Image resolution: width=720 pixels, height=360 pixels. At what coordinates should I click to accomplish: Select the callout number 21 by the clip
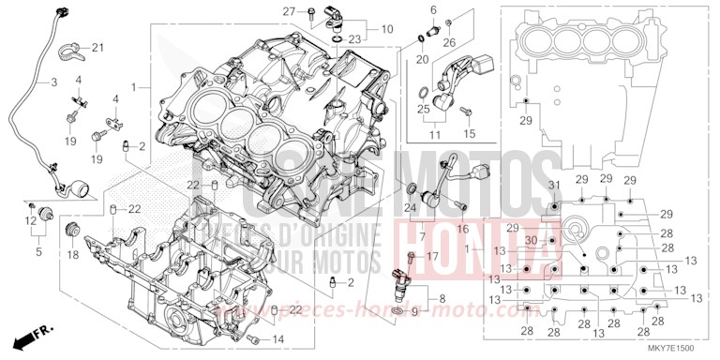(98, 48)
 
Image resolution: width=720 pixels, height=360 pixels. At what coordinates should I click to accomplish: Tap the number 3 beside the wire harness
(53, 82)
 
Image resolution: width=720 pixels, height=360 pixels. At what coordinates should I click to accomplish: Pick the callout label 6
(433, 9)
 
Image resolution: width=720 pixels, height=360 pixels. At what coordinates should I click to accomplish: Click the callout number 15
(471, 134)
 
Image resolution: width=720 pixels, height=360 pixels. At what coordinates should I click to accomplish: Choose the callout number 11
(433, 136)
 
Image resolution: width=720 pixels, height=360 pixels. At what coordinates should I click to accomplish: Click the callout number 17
(432, 255)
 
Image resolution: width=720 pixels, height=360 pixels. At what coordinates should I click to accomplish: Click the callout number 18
(72, 254)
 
